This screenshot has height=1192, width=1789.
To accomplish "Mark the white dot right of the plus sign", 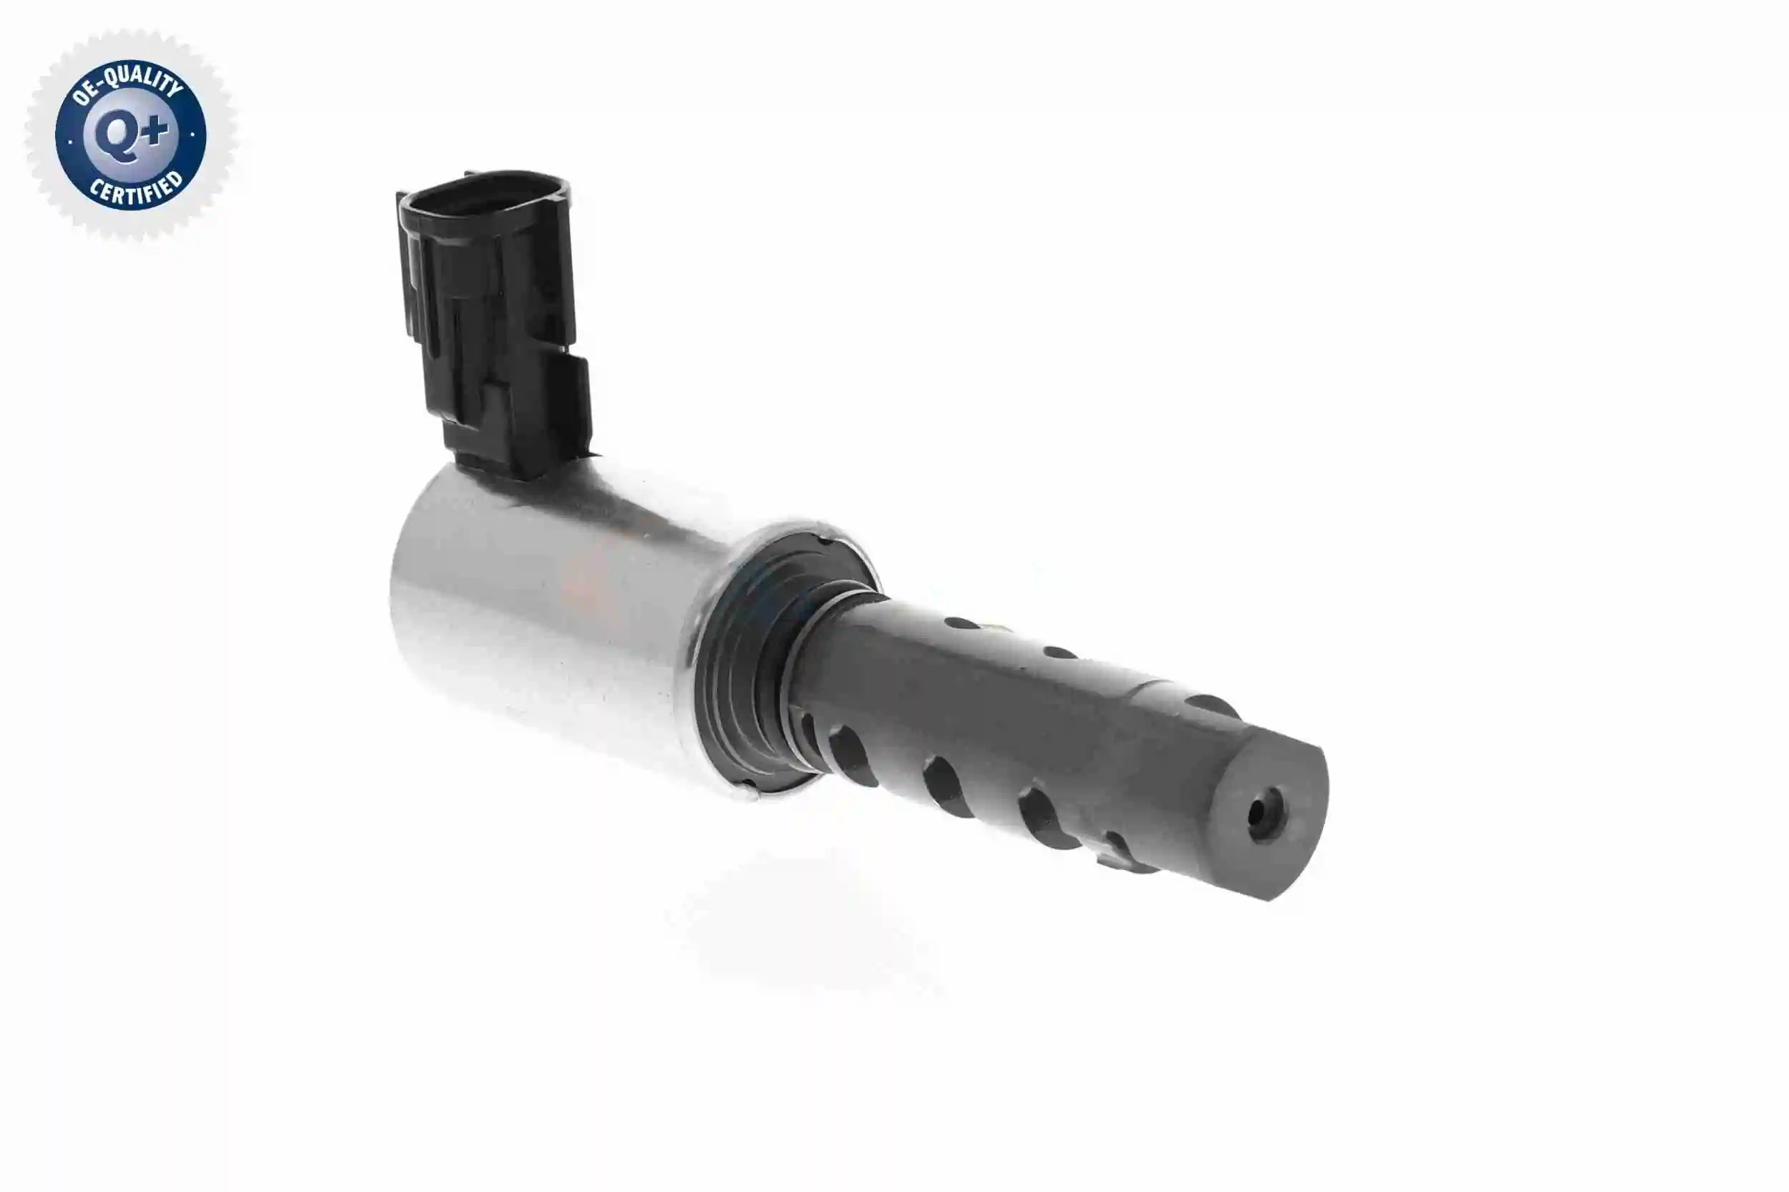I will pyautogui.click(x=193, y=135).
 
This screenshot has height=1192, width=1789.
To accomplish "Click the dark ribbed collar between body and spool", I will pyautogui.click(x=750, y=669).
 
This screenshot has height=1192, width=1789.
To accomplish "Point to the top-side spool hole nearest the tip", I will pyautogui.click(x=1209, y=705).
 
